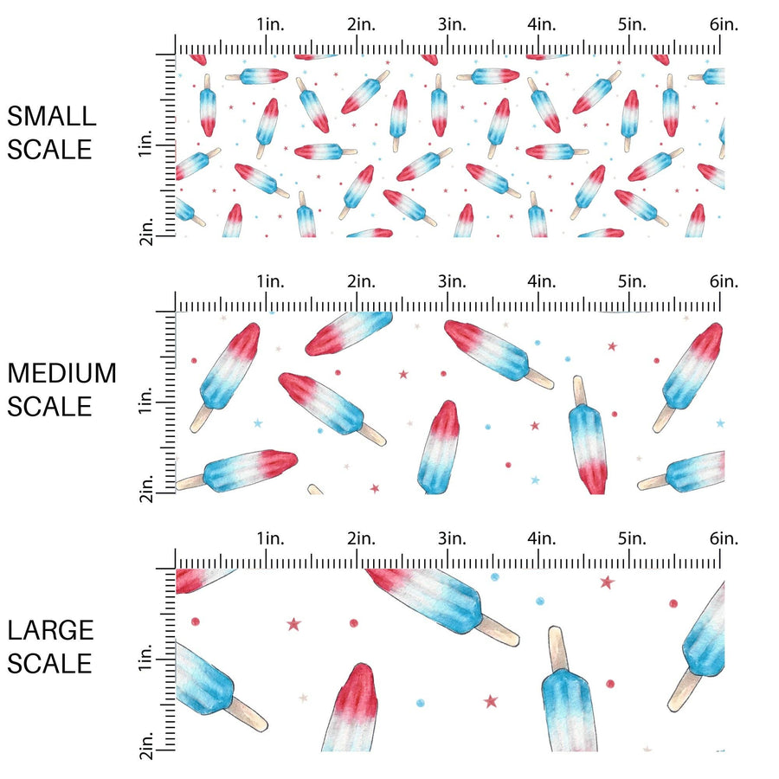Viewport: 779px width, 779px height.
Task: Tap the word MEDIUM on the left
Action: [x=61, y=373]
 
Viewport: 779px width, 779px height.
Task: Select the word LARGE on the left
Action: [x=49, y=630]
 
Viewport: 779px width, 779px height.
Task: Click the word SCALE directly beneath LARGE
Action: [x=49, y=663]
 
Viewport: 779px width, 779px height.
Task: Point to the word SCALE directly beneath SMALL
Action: [x=49, y=149]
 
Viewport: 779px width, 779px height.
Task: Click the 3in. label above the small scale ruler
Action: [x=452, y=25]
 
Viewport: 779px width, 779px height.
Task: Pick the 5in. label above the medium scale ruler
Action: [x=633, y=281]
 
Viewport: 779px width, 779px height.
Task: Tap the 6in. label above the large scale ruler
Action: [x=724, y=538]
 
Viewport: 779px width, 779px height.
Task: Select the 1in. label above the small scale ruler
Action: [x=271, y=25]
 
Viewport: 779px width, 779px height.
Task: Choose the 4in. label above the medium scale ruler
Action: [x=542, y=281]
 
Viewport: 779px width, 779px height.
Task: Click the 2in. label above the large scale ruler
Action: [x=361, y=538]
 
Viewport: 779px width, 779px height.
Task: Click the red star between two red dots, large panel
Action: [x=293, y=623]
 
